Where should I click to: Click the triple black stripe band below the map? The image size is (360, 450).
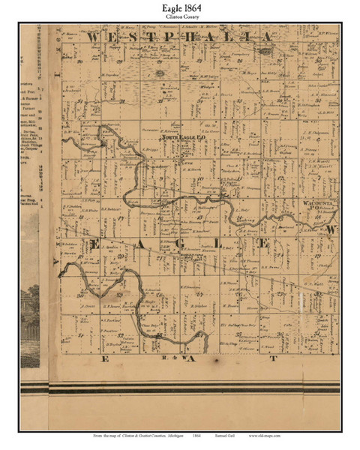tap(180, 388)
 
